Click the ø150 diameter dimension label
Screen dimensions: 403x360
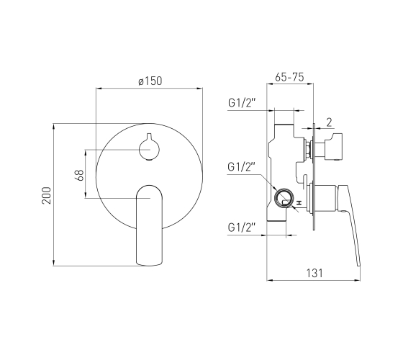[x=150, y=81]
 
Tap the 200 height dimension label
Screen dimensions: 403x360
[x=47, y=195]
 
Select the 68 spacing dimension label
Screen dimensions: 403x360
[x=81, y=175]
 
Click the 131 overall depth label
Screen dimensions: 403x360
[x=314, y=273]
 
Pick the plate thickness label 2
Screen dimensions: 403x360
[x=330, y=122]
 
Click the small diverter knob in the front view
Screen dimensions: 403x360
[x=150, y=148]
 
